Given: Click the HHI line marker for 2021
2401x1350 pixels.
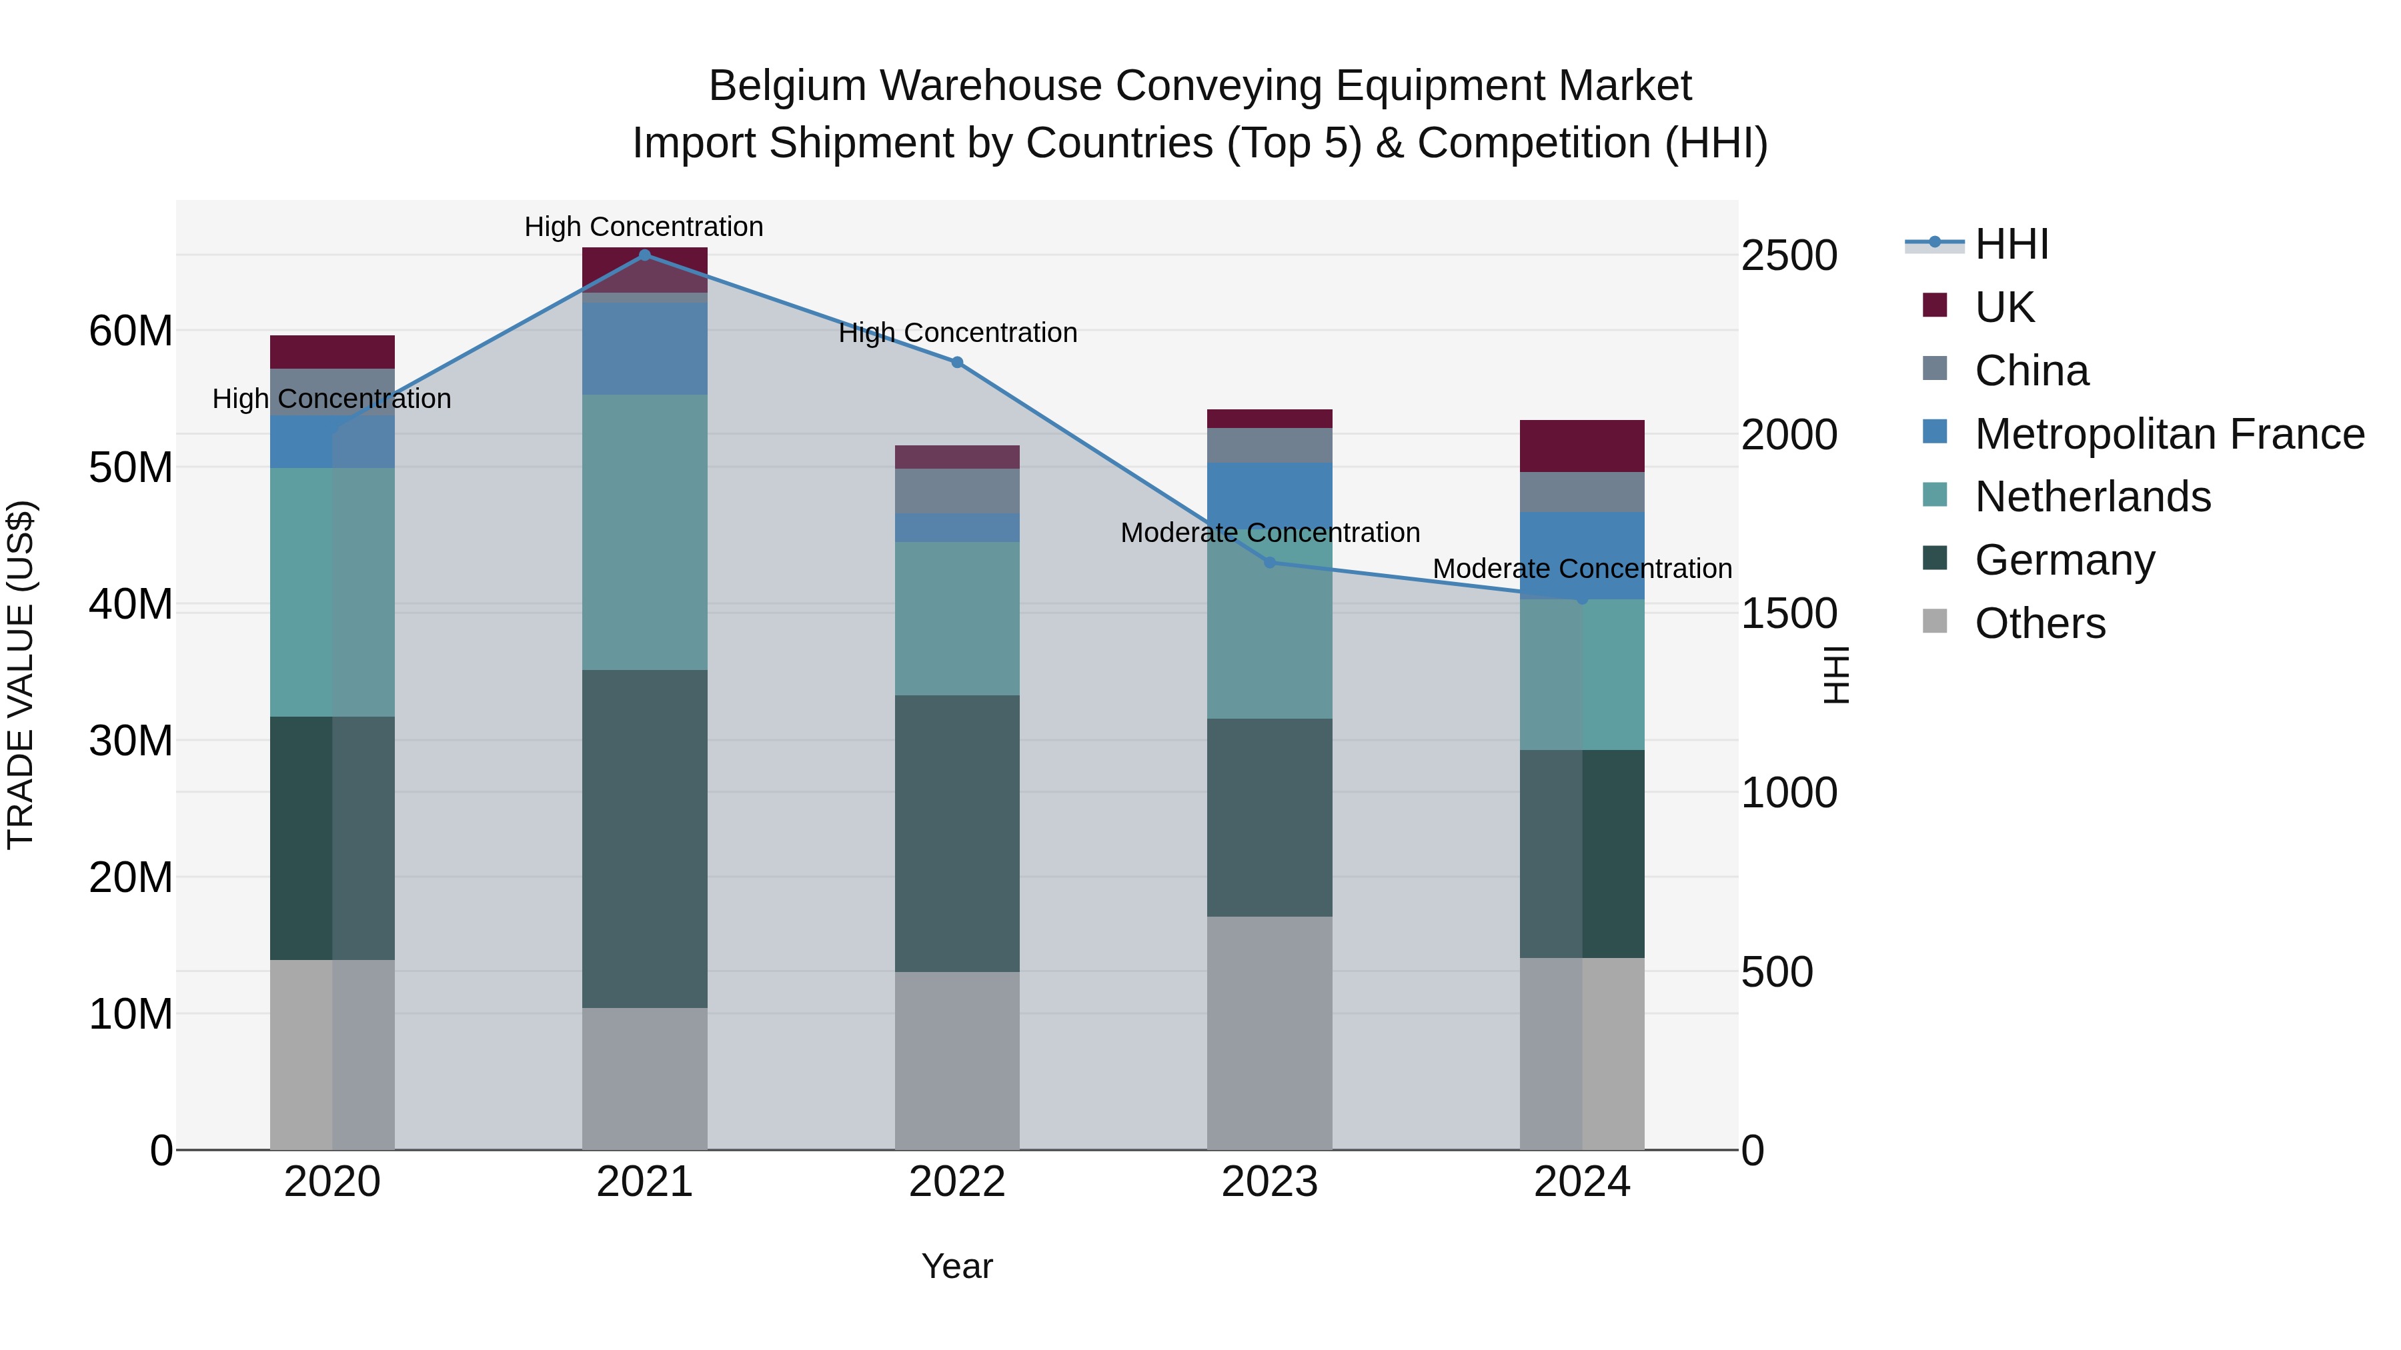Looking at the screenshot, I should pos(644,255).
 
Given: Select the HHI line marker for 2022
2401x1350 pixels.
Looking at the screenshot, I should pos(957,363).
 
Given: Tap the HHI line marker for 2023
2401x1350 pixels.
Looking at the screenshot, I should pos(1269,563).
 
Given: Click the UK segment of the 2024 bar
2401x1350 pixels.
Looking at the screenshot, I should pos(1582,446).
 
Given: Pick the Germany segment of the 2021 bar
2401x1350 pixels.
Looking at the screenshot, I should pos(644,839).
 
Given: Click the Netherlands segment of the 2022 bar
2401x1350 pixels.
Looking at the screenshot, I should pos(957,619).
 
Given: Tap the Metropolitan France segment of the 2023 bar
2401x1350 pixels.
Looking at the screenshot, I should pos(1269,494).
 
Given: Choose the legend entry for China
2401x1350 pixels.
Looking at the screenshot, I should pos(2032,371).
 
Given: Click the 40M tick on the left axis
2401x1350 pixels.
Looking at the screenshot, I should pos(131,605).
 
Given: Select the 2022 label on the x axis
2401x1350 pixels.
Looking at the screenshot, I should pos(957,1182).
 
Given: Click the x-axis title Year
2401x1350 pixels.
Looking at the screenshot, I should pos(957,1266).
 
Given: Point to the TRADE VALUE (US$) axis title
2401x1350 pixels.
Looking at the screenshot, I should pos(21,675).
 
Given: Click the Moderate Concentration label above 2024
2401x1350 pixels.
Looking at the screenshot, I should pos(1582,568).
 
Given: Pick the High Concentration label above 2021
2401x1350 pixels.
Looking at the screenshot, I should pos(644,227).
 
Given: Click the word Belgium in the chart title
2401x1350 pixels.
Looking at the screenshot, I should pos(788,87).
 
